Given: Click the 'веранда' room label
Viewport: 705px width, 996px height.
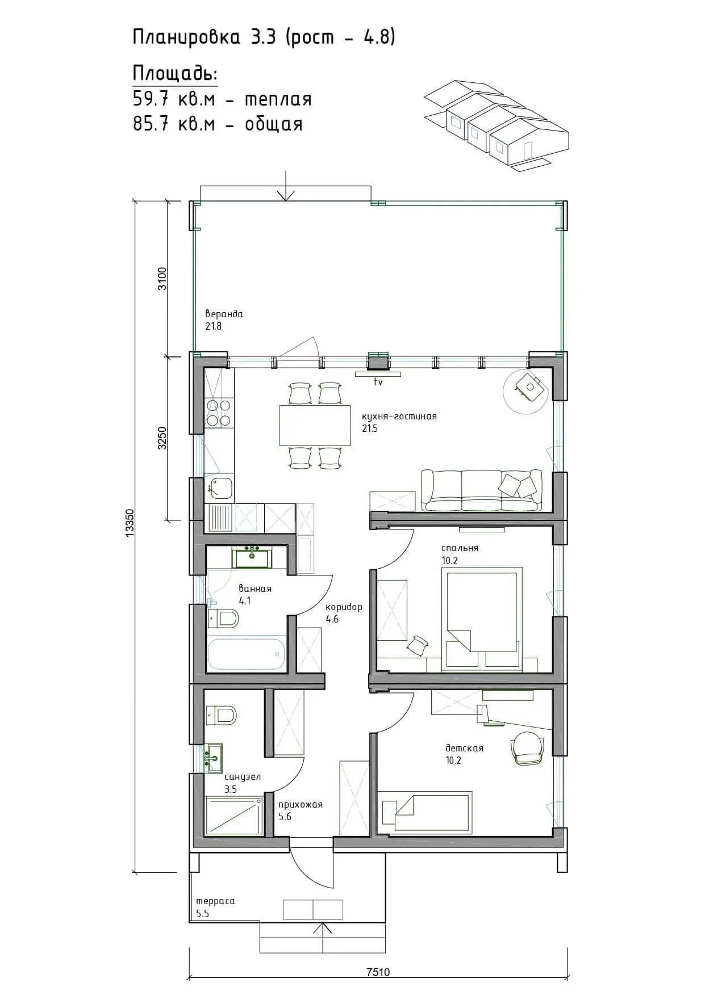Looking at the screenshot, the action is pos(224,314).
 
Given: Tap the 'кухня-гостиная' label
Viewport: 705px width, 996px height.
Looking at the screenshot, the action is pos(399,416).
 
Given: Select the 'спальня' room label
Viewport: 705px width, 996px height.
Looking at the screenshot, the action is pos(460,548).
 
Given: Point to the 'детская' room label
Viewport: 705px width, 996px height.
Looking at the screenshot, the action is pos(465,748).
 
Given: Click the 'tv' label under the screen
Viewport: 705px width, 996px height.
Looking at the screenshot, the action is pos(378,383).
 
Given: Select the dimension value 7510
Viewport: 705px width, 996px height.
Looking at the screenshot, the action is pos(378,972).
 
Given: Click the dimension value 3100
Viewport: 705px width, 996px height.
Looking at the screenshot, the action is pos(162,279).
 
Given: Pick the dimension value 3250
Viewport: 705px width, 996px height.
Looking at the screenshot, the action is pos(162,439).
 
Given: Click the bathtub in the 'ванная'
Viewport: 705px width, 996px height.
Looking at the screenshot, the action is pos(246,654).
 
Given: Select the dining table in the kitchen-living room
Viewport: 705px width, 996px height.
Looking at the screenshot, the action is pos(315,425).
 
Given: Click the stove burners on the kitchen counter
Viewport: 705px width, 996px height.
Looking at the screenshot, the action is pos(219,413).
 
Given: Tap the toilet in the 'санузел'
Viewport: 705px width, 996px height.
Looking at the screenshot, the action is pos(221,715).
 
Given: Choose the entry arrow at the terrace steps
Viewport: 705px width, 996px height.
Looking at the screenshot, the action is pos(323,937).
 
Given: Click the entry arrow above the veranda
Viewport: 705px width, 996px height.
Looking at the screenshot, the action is pos(286,186).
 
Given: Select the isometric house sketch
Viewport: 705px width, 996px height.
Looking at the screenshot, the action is pos(497,125).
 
